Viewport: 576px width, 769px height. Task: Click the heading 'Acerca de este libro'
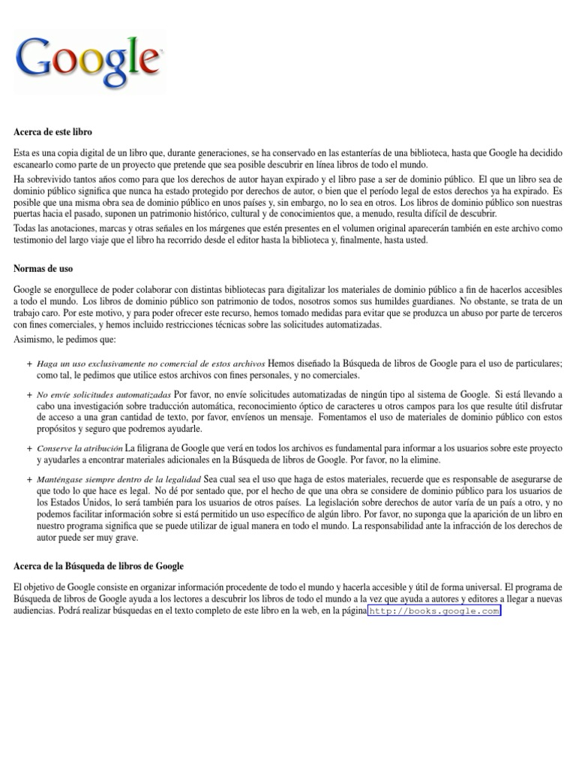(x=52, y=132)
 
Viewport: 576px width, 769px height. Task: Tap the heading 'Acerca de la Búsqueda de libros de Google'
(x=98, y=566)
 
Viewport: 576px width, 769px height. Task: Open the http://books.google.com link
(x=434, y=611)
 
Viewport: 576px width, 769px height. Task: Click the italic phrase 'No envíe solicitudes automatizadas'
(x=103, y=394)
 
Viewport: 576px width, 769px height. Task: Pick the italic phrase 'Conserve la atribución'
(x=79, y=448)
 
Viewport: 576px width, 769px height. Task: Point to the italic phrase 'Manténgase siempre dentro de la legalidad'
(x=118, y=479)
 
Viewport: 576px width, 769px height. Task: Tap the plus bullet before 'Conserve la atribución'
(x=29, y=448)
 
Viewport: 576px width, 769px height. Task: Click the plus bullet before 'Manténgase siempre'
(x=29, y=479)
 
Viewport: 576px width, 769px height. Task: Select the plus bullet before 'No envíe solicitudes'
(x=29, y=394)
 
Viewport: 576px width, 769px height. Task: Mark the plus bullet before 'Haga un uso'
(x=29, y=363)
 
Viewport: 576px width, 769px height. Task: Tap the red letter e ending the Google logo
(x=150, y=65)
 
